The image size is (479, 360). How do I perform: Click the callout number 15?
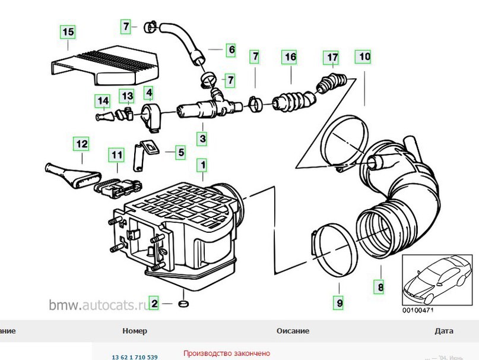pyautogui.click(x=68, y=31)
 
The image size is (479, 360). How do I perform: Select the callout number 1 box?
pyautogui.click(x=202, y=164)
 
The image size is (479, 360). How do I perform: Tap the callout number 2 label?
pyautogui.click(x=154, y=304)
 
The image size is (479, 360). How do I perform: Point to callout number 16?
pyautogui.click(x=290, y=58)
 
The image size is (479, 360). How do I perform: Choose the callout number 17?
pyautogui.click(x=331, y=58)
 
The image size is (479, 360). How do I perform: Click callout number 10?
pyautogui.click(x=364, y=58)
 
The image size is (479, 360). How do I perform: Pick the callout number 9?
pyautogui.click(x=340, y=303)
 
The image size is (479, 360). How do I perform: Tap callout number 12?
pyautogui.click(x=81, y=143)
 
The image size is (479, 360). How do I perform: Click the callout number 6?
pyautogui.click(x=231, y=50)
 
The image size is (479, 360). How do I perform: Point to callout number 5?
pyautogui.click(x=181, y=153)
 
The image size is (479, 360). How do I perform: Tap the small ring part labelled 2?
pyautogui.click(x=183, y=305)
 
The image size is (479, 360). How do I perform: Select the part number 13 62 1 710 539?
pyautogui.click(x=135, y=357)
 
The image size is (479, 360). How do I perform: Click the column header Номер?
pyautogui.click(x=135, y=331)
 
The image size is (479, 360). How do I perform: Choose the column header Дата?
pyautogui.click(x=443, y=331)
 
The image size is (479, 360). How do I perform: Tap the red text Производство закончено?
pyautogui.click(x=226, y=353)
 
